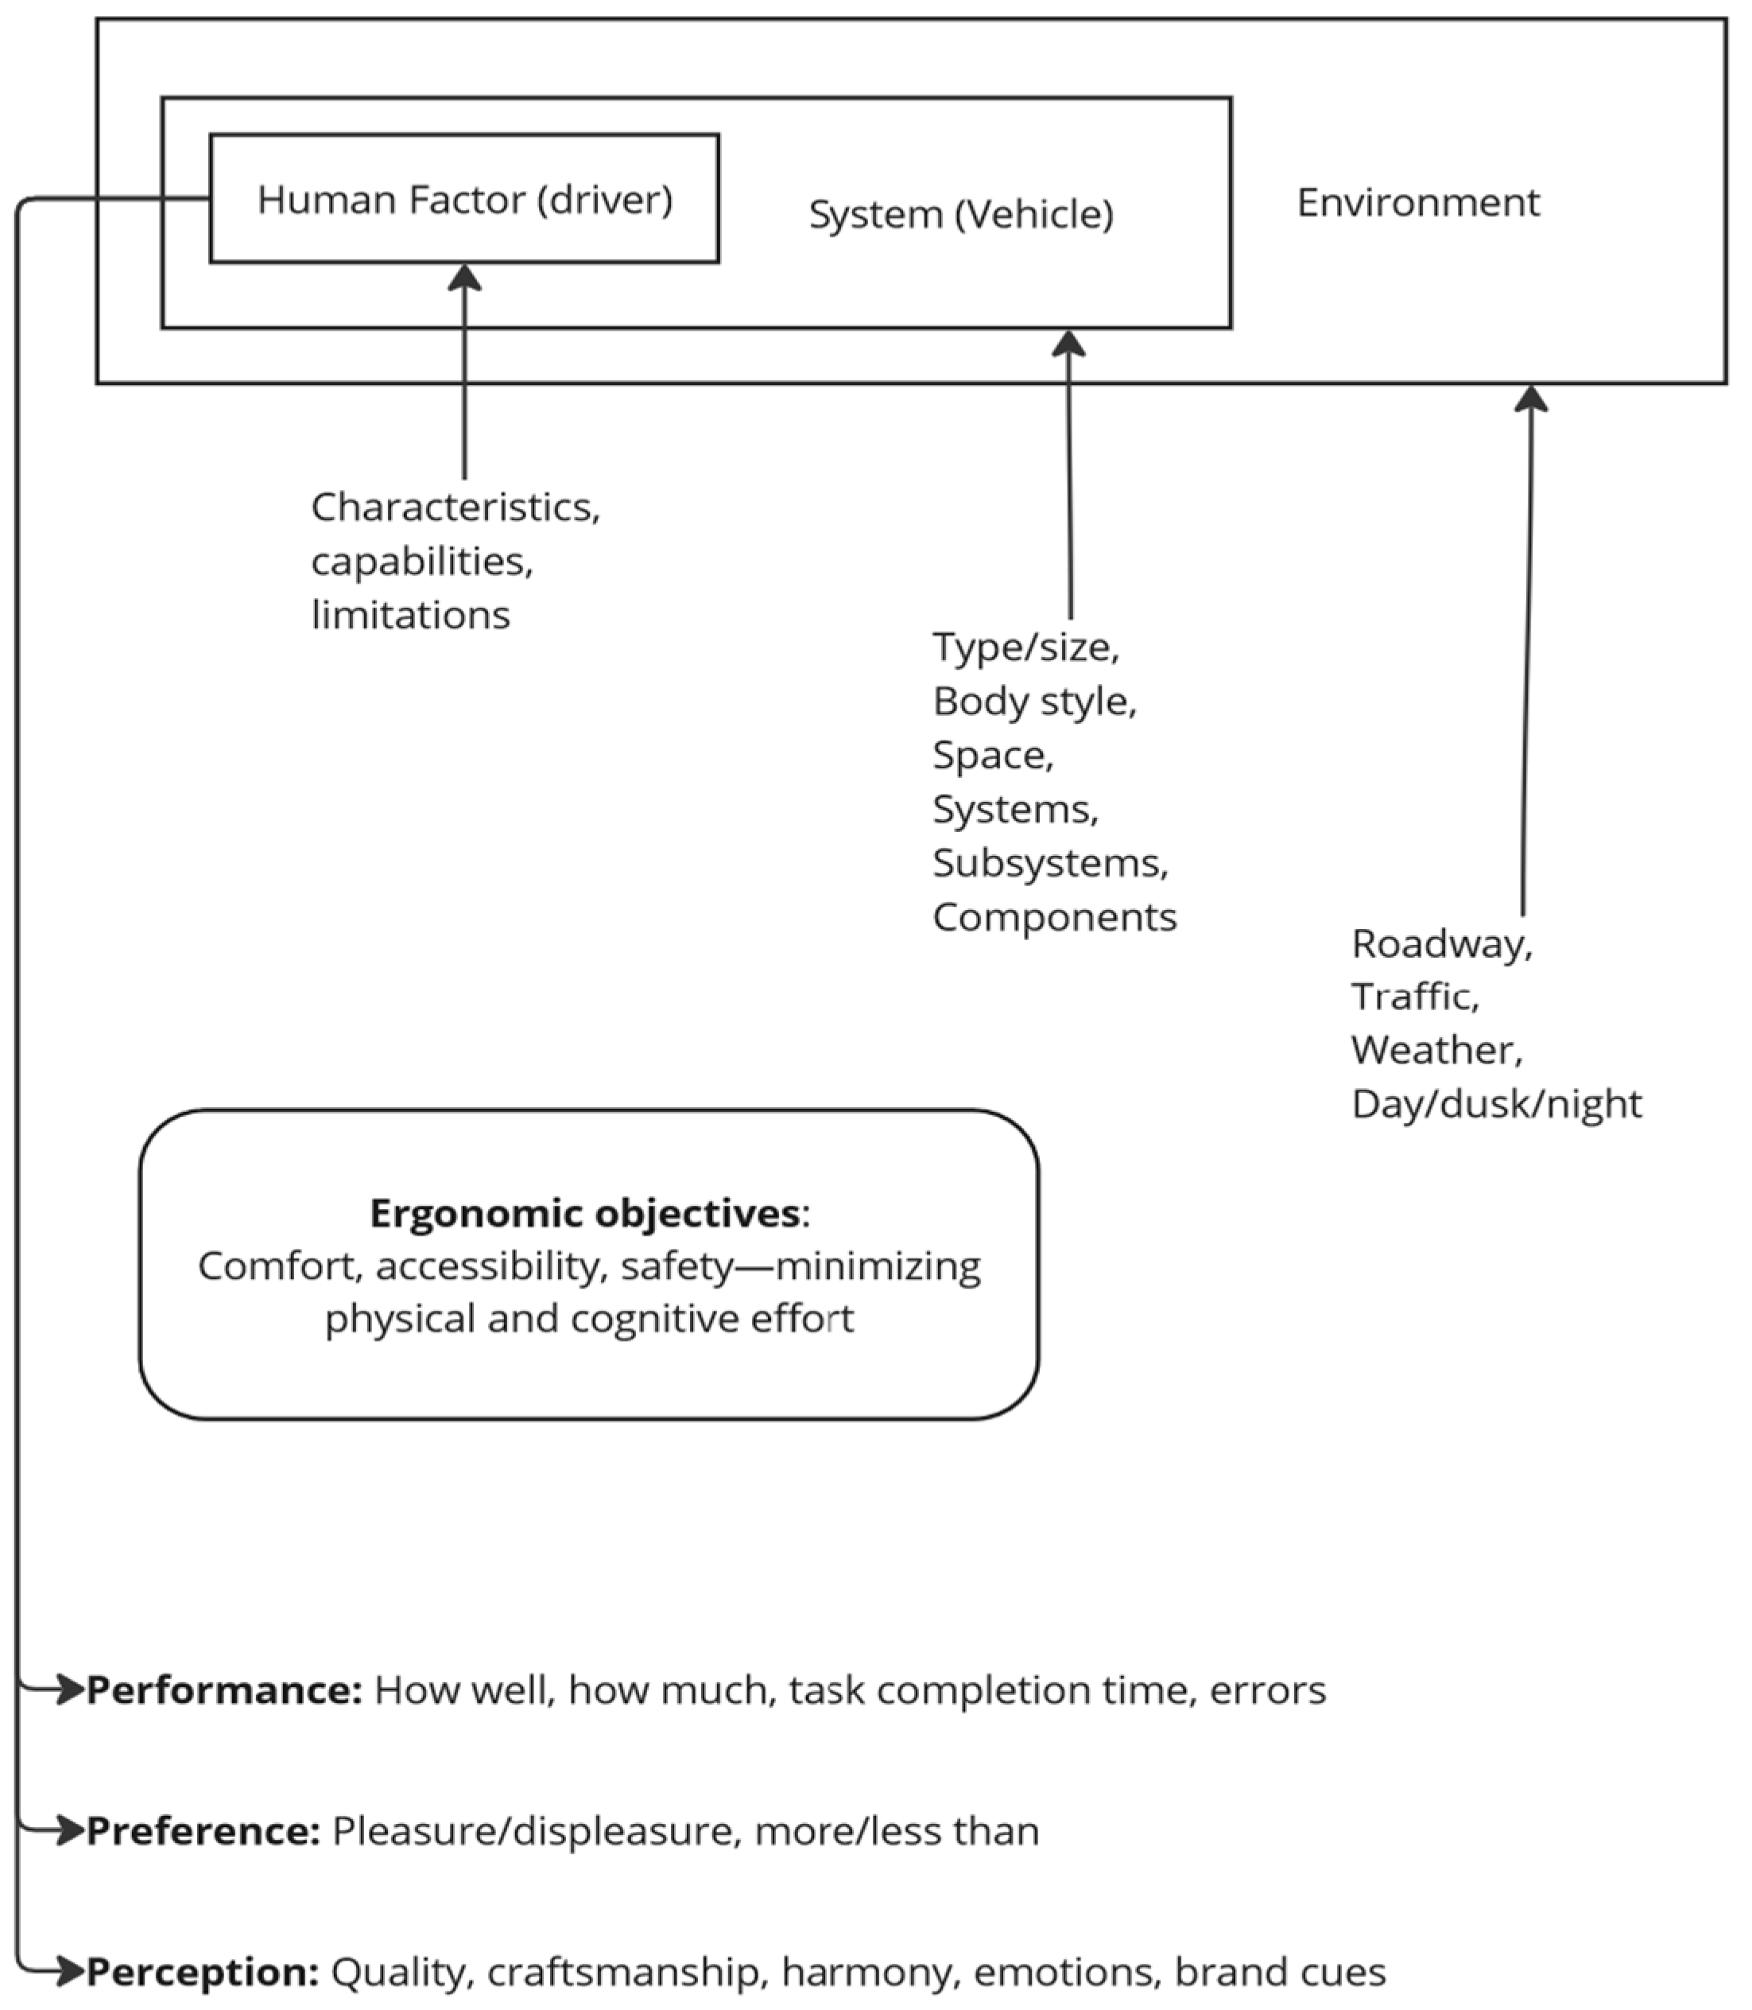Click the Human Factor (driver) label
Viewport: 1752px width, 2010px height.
click(x=464, y=200)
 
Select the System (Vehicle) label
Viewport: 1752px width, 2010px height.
click(x=960, y=214)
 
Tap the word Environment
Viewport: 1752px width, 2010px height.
click(x=1417, y=203)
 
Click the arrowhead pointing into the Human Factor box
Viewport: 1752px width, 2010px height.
click(x=464, y=277)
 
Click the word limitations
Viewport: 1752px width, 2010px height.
click(x=411, y=615)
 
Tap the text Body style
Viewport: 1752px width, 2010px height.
click(x=1033, y=702)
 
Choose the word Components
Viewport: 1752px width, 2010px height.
click(x=1054, y=917)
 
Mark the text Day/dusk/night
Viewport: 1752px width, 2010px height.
click(x=1496, y=1104)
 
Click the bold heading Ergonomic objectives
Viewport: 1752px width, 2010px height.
click(x=584, y=1213)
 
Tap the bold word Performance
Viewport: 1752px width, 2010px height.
click(x=225, y=1690)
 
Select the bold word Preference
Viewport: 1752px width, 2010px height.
click(x=203, y=1831)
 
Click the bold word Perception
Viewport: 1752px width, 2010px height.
click(x=203, y=1972)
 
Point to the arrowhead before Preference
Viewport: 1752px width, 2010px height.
click(x=68, y=1831)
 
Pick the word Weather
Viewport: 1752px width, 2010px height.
click(x=1436, y=1051)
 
